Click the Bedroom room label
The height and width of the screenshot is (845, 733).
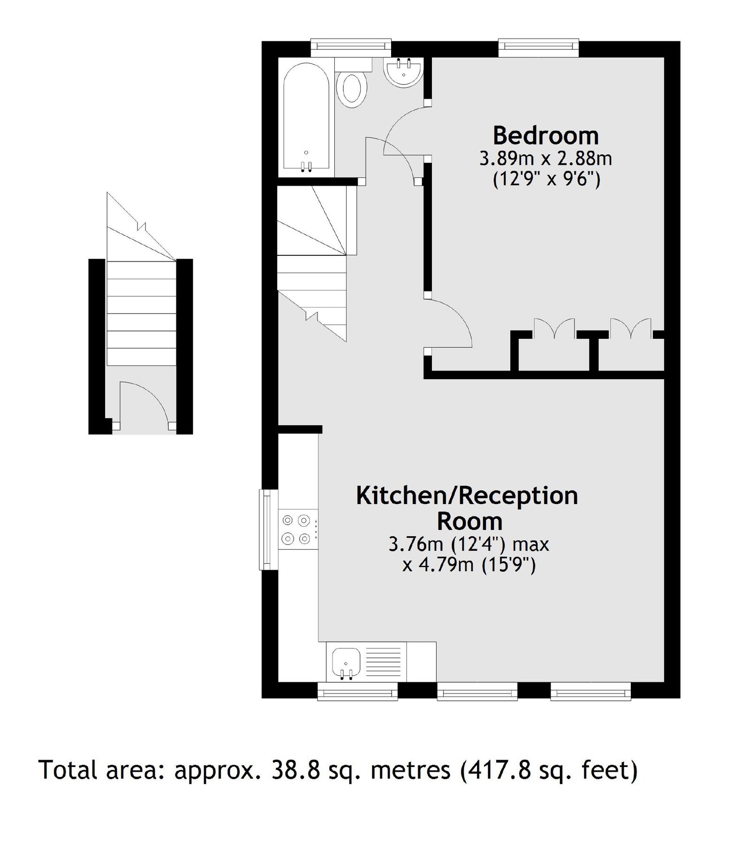545,136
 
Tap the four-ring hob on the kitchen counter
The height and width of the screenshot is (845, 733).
296,529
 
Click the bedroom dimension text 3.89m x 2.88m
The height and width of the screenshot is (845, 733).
545,159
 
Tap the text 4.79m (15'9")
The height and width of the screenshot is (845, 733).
469,565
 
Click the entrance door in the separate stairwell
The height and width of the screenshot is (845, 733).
143,405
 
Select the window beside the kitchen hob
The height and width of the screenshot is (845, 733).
266,530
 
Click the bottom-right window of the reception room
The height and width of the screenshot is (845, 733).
590,691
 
